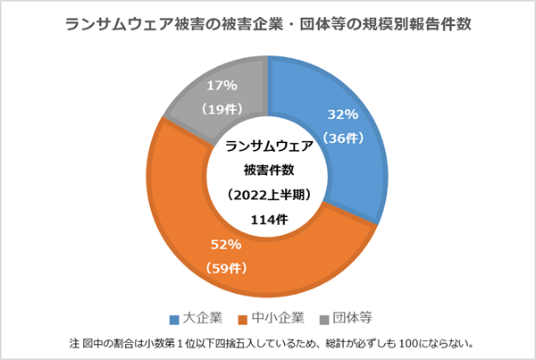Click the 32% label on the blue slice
(343, 114)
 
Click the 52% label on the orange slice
(226, 244)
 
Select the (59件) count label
(226, 267)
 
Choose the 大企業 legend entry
(201, 318)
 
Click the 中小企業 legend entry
(279, 318)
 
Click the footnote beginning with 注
(268, 343)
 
